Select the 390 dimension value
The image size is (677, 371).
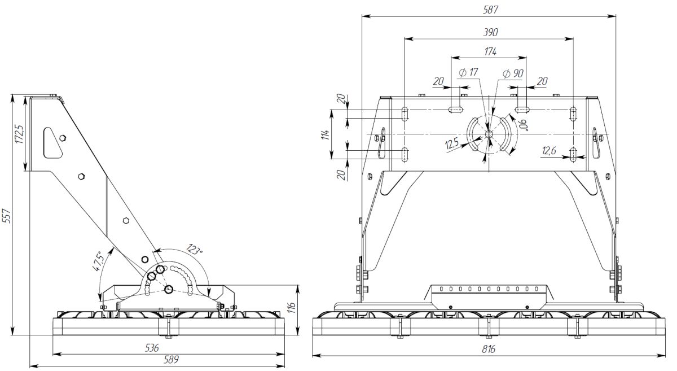[489, 32]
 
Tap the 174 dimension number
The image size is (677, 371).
[490, 51]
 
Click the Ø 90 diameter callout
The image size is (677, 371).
[513, 73]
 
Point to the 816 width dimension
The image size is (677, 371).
[489, 350]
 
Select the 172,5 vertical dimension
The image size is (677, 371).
[20, 134]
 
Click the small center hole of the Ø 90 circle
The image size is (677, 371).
[489, 134]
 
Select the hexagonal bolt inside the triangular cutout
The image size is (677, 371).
[62, 138]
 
